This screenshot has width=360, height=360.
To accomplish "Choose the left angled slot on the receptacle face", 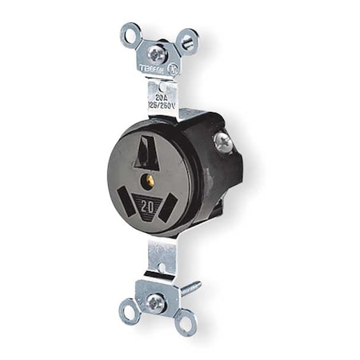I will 126,195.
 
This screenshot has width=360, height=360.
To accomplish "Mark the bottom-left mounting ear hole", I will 128,310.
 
